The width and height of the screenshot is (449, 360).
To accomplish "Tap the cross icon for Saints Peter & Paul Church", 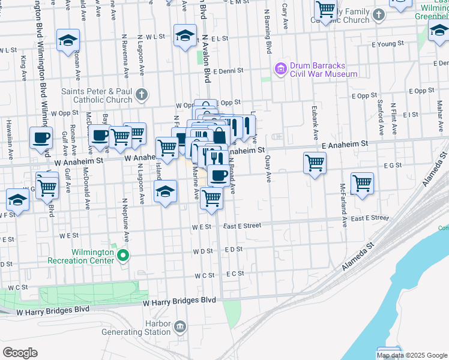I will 141,95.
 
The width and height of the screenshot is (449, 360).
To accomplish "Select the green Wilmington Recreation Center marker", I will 124,256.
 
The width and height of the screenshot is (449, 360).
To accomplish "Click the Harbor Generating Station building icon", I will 179,326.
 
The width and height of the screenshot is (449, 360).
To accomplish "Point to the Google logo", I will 20,353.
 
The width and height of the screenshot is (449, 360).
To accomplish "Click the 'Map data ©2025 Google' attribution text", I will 412,355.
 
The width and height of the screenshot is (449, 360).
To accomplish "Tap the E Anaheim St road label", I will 344,145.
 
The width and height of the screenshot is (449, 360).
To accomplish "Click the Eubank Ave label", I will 314,119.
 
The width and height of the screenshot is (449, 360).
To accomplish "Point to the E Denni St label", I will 226,70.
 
